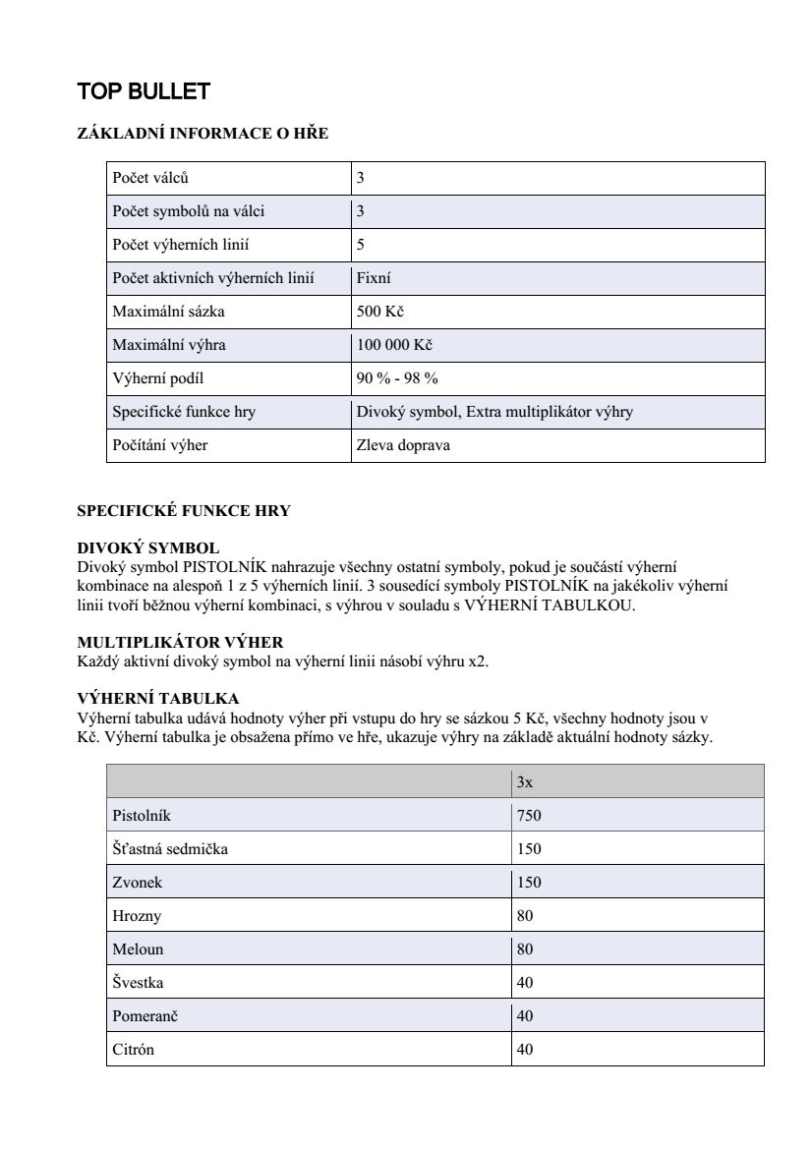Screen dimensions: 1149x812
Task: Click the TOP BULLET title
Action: [x=144, y=92]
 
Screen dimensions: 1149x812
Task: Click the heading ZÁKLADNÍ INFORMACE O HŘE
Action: [x=203, y=135]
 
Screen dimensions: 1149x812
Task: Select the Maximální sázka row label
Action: [x=161, y=312]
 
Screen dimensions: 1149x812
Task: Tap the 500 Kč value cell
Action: [x=380, y=312]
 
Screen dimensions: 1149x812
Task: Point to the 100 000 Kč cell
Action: [x=394, y=345]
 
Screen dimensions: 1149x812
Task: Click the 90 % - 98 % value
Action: [x=397, y=378]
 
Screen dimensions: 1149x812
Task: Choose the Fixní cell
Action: [x=374, y=278]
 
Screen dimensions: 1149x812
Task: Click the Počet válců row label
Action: [x=150, y=178]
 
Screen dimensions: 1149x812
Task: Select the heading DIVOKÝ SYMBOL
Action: [x=148, y=547]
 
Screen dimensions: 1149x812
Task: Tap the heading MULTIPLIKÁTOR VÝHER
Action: [x=180, y=643]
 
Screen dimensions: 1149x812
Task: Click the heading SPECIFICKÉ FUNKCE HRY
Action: [x=184, y=511]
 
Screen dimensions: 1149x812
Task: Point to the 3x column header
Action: [x=525, y=782]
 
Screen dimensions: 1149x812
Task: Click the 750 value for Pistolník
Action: [x=529, y=816]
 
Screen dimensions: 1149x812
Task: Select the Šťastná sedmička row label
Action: [x=170, y=849]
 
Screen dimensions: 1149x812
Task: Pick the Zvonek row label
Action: [x=138, y=883]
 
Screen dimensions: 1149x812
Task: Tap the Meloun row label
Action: [x=138, y=949]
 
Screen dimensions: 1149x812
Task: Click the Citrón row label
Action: [x=134, y=1050]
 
